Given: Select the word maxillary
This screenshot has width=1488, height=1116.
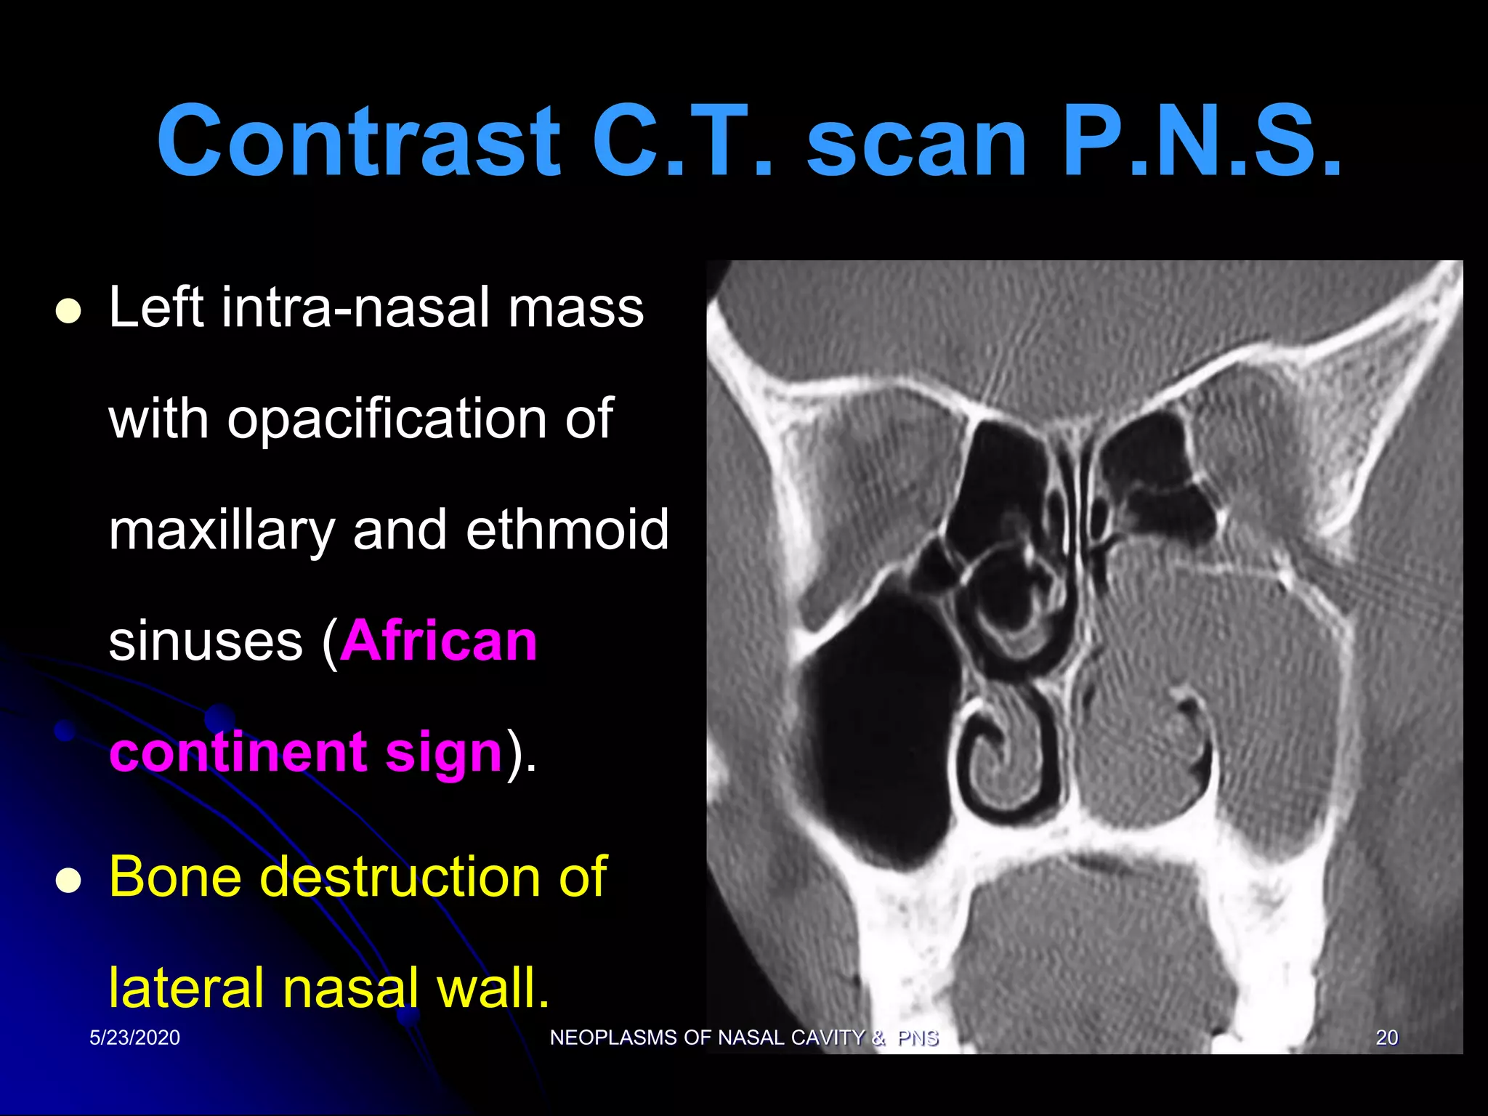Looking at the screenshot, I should coord(222,530).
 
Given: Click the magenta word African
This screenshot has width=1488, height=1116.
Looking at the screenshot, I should coord(439,641).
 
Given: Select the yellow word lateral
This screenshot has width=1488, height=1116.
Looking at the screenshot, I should coord(186,988).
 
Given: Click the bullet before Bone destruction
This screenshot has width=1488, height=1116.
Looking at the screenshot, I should coord(68,881).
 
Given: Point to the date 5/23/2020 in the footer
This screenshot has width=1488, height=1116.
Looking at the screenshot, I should coord(134,1038).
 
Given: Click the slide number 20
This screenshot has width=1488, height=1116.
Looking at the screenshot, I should coord(1386,1038).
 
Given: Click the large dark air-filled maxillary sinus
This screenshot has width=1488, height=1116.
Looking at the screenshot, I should coord(879,734).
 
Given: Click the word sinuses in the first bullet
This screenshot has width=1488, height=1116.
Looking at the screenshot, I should coord(206,642).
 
